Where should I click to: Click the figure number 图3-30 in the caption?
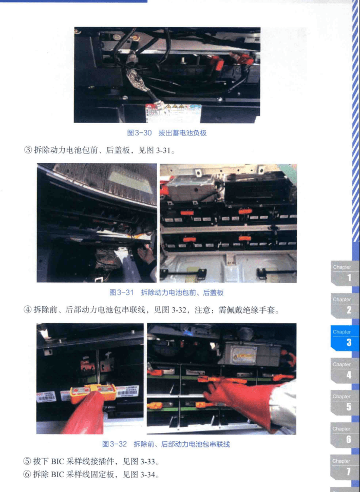coord(139,133)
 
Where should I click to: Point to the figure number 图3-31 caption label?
coord(122,292)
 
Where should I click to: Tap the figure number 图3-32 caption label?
coord(115,444)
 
